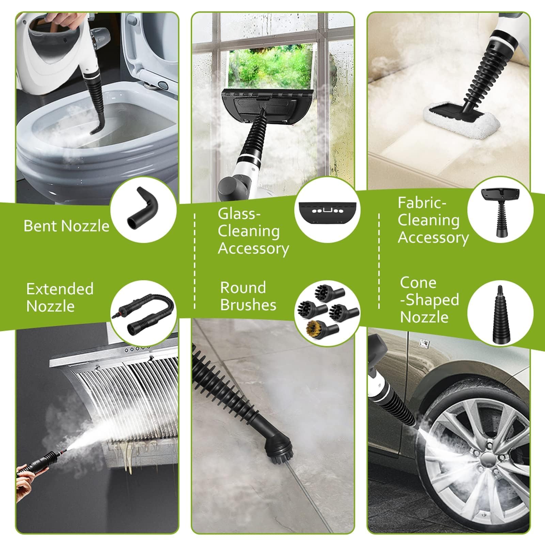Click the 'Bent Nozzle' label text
click(66, 226)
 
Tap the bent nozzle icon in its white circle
click(143, 208)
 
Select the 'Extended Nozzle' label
click(60, 297)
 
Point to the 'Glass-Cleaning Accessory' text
click(253, 231)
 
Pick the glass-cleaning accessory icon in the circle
click(327, 212)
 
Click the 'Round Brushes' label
click(248, 296)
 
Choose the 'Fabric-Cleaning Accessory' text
click(433, 220)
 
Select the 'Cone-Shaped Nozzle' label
click(429, 300)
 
